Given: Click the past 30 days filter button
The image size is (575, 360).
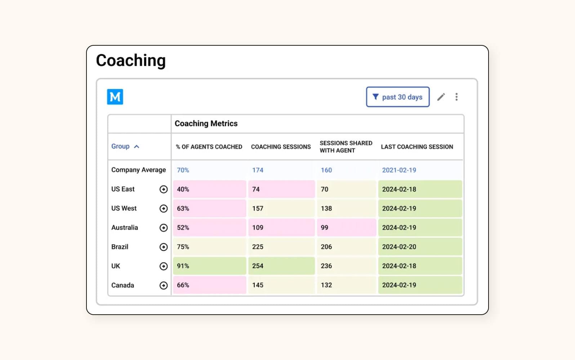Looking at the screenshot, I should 398,97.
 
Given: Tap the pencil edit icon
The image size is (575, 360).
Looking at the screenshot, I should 441,97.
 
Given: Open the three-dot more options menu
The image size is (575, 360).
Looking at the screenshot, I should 456,97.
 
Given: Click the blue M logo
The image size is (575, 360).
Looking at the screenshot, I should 115,97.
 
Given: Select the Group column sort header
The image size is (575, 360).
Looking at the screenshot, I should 125,147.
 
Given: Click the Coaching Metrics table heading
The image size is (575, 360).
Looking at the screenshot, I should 206,123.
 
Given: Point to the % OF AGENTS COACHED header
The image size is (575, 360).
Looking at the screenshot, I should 209,147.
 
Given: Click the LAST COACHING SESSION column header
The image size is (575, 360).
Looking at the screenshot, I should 417,147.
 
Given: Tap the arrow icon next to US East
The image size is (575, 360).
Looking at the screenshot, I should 164,189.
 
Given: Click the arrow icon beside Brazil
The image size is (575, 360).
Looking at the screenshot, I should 164,247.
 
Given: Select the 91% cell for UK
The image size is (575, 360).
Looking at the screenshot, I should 209,266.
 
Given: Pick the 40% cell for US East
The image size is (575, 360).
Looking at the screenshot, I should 209,189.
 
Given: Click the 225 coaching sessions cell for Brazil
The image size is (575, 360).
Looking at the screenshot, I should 281,247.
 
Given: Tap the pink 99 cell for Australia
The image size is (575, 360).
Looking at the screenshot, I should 346,228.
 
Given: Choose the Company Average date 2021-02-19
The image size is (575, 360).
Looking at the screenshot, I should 399,170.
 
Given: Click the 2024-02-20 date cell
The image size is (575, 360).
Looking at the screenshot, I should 420,247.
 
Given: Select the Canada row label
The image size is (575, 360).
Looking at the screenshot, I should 123,285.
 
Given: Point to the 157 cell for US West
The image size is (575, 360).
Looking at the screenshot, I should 281,208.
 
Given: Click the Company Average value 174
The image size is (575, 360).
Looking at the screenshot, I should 258,170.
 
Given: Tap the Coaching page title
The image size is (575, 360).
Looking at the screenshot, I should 131,60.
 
